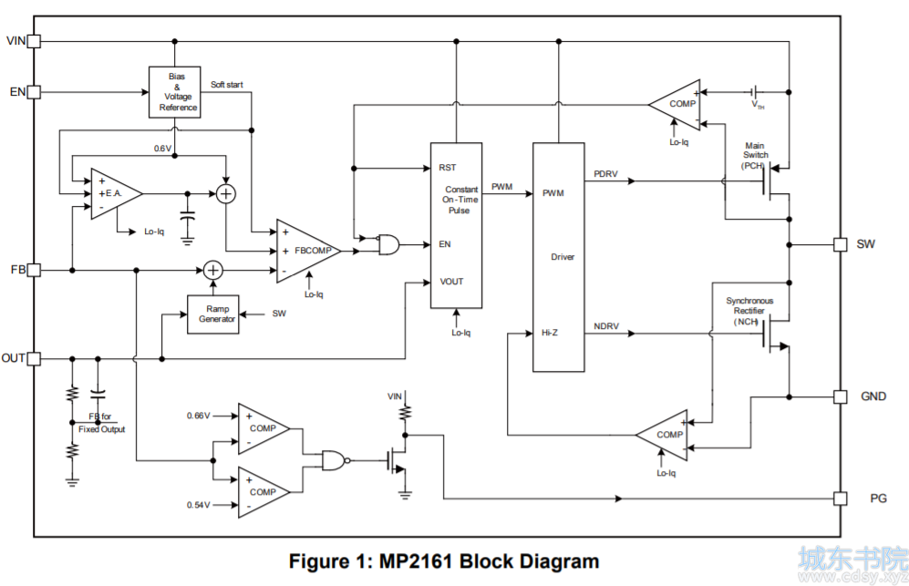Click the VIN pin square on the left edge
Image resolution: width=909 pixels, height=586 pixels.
(35, 41)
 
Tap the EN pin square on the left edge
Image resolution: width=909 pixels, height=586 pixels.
(35, 91)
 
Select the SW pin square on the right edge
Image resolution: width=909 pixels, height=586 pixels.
(840, 244)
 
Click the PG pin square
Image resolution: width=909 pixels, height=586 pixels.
(840, 499)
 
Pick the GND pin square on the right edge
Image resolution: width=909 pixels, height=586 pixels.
(840, 396)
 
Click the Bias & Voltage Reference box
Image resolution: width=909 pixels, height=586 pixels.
(175, 92)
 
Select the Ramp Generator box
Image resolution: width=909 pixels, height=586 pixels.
(213, 314)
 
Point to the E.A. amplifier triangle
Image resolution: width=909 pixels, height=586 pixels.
(116, 194)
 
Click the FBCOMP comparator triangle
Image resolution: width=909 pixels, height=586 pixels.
(308, 251)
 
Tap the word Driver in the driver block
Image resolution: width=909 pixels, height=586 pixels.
(563, 257)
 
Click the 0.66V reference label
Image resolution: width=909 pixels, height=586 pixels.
(198, 416)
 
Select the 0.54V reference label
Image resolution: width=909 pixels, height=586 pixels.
(198, 505)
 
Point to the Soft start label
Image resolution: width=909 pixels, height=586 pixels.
(227, 85)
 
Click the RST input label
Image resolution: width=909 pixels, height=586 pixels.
(448, 168)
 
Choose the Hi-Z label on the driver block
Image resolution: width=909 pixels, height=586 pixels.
(550, 333)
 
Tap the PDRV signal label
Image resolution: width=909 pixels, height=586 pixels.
(605, 174)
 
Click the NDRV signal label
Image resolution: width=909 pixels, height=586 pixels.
(606, 326)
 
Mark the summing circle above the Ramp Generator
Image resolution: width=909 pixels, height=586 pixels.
(213, 270)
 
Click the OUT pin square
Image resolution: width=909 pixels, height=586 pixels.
(35, 359)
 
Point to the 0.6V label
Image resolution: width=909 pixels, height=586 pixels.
(163, 149)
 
